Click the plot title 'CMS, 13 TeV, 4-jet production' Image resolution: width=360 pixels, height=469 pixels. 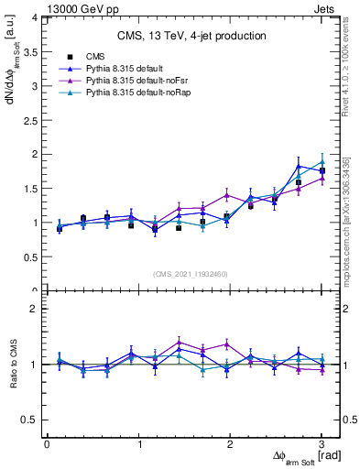coord(191,36)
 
